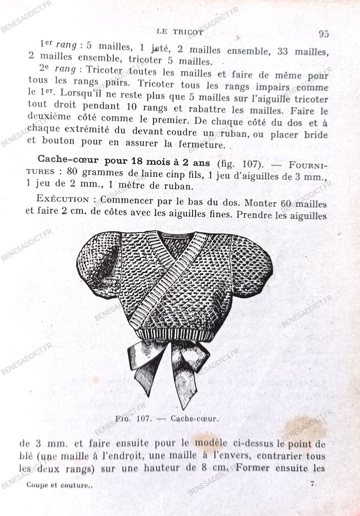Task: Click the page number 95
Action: [x=323, y=34]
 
